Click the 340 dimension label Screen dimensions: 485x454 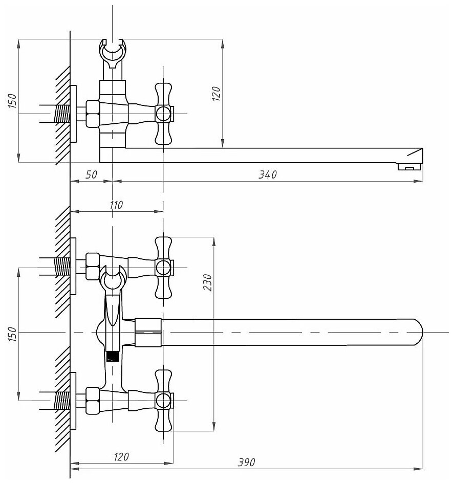tap(267, 175)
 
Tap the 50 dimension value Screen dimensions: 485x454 tap(91, 175)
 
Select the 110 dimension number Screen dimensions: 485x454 tap(116, 205)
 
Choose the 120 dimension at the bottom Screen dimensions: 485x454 tap(121, 456)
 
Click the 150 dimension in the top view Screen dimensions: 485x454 tap(13, 101)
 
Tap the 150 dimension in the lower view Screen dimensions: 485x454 tap(13, 334)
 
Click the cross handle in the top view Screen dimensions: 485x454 tap(163, 113)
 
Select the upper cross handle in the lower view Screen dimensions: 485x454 tap(163, 267)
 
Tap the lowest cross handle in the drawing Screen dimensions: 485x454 tap(163, 400)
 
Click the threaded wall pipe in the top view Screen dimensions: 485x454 tap(61, 113)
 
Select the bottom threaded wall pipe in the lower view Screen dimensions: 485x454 tap(61, 400)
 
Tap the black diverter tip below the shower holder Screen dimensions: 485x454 tap(112, 356)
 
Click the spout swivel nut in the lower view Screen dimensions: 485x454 tap(147, 332)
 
